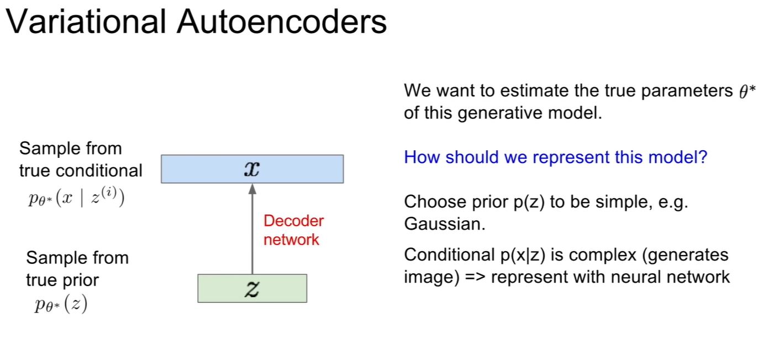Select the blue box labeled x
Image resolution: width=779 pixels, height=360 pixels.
pyautogui.click(x=252, y=169)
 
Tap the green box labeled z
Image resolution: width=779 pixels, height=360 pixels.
pyautogui.click(x=252, y=288)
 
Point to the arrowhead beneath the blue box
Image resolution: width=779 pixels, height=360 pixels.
pyautogui.click(x=252, y=189)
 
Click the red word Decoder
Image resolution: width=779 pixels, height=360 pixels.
pyautogui.click(x=293, y=221)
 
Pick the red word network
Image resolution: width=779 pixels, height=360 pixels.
pyautogui.click(x=291, y=240)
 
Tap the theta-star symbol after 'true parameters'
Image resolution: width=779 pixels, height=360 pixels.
pyautogui.click(x=746, y=92)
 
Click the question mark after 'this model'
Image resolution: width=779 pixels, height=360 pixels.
pyautogui.click(x=702, y=157)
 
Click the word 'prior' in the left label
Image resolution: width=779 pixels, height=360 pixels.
pyautogui.click(x=80, y=280)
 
